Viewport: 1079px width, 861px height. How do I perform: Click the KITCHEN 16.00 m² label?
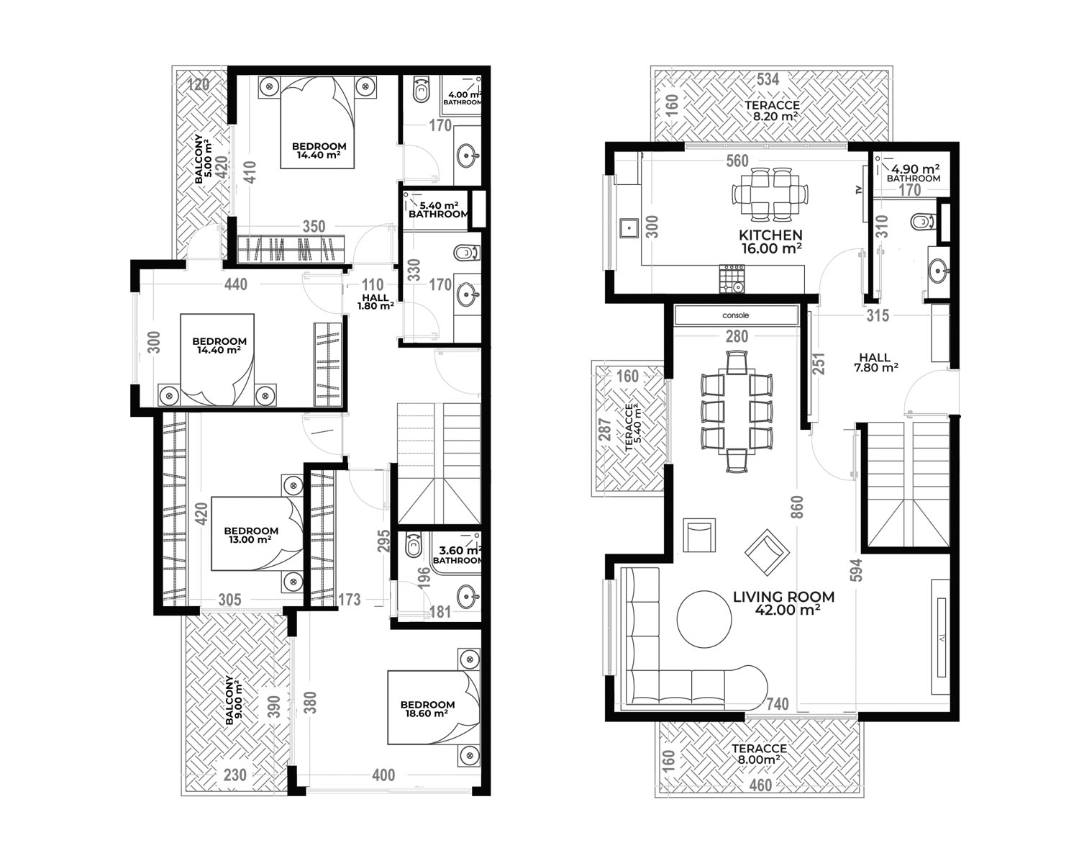point(770,242)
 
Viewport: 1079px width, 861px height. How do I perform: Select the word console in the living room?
point(736,315)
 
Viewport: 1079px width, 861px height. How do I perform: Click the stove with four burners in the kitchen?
point(732,279)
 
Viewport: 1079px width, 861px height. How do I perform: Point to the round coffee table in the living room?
point(704,619)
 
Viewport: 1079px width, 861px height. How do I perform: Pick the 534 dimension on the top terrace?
point(768,78)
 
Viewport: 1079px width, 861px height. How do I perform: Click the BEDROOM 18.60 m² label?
point(427,708)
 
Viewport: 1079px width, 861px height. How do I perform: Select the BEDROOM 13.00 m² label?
point(251,535)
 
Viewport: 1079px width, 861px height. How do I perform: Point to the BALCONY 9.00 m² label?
point(234,700)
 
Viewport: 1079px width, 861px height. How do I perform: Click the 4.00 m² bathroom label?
point(463,98)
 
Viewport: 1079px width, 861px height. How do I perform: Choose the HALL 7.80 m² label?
point(875,362)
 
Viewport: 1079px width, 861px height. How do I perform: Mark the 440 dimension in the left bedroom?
point(236,284)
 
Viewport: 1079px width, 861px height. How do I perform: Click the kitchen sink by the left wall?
point(628,228)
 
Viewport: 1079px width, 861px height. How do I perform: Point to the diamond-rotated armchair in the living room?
point(767,553)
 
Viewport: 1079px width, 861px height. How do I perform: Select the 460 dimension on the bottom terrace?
point(760,785)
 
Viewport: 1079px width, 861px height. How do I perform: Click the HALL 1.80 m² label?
point(375,302)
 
